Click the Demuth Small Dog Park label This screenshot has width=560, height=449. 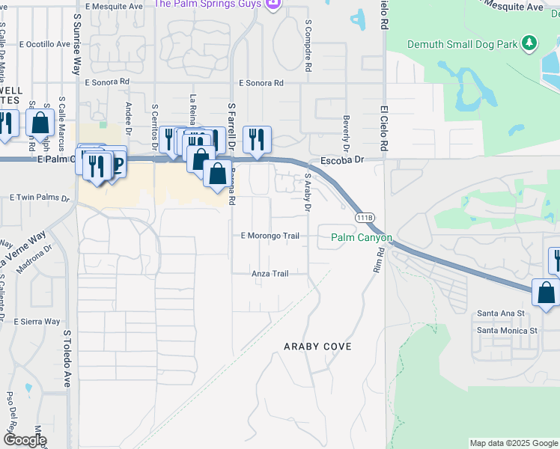click(462, 44)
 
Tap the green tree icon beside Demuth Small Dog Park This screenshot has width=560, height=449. click(530, 43)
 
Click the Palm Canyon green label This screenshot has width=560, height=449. click(362, 238)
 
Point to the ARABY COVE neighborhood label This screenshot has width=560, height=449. click(317, 346)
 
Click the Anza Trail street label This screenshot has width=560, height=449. click(270, 274)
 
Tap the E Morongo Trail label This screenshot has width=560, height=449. click(270, 236)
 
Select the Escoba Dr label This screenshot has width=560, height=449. click(341, 159)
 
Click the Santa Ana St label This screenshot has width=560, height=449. click(502, 314)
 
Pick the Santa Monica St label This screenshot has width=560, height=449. click(508, 329)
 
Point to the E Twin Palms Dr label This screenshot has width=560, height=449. click(39, 198)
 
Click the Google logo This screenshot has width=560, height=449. click(25, 440)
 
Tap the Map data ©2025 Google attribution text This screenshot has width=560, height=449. click(513, 443)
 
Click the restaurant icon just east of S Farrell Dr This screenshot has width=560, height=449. click(257, 139)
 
